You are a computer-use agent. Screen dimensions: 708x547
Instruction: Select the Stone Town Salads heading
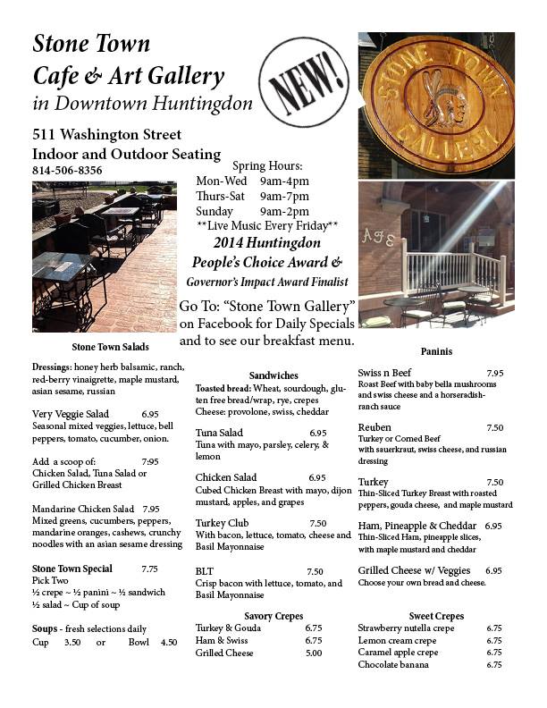click(110, 346)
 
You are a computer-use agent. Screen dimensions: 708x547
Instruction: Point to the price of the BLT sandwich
click(315, 571)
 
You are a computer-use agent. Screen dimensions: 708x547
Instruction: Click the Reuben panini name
click(375, 427)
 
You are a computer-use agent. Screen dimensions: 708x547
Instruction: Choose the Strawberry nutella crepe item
click(406, 628)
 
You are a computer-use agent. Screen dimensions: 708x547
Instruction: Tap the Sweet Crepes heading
click(435, 616)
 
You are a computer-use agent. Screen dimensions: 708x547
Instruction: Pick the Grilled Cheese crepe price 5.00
click(313, 653)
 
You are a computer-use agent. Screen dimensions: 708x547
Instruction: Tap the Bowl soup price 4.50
click(169, 642)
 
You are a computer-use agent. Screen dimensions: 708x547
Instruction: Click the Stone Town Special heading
click(72, 569)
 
